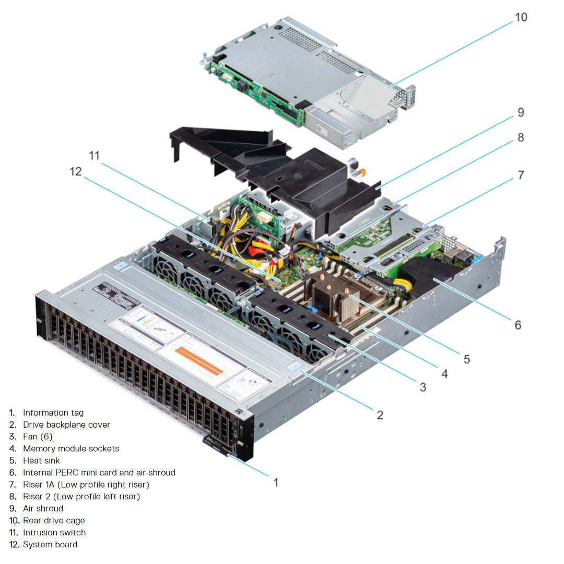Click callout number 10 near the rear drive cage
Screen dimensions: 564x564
[521, 17]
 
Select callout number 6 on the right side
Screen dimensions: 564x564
[517, 325]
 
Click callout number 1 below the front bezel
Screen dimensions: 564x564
[276, 482]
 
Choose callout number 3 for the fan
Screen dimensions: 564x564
[422, 387]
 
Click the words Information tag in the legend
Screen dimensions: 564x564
[53, 413]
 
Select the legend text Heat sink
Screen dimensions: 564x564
[41, 461]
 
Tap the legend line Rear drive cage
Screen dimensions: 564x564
[53, 520]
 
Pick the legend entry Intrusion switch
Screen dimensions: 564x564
[54, 532]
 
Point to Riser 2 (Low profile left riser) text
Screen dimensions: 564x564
[81, 496]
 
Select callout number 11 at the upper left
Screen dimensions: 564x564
[94, 155]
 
